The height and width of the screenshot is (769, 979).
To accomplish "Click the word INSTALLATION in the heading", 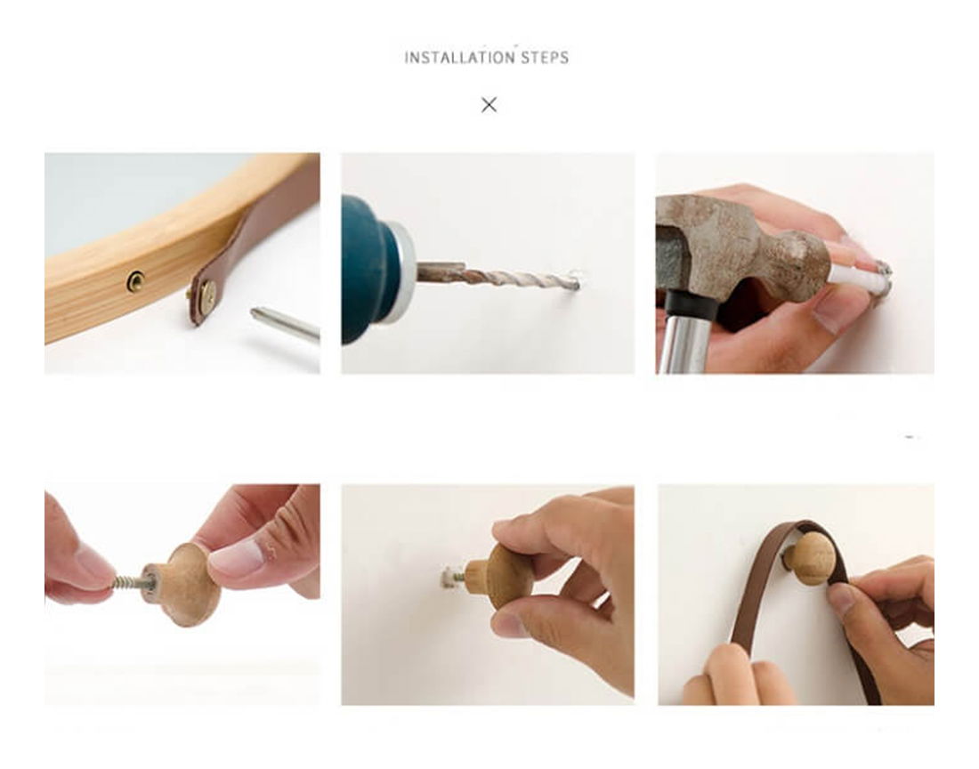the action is click(x=459, y=58).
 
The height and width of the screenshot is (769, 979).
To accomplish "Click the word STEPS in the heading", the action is click(x=545, y=58).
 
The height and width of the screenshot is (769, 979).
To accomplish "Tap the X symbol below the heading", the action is click(x=489, y=105).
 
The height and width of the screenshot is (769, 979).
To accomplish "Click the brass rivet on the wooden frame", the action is click(x=135, y=281).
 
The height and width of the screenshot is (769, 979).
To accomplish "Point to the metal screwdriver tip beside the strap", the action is click(x=284, y=322).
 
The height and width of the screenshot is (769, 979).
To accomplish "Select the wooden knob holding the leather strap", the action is click(x=811, y=558).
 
